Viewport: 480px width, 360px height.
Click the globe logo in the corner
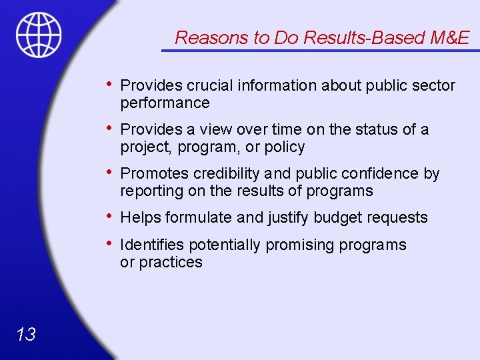coord(39,34)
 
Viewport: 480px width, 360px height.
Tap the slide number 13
coord(26,334)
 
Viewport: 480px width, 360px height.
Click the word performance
coord(165,103)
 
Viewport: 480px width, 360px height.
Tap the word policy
coord(285,147)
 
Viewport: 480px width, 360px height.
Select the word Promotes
coord(155,174)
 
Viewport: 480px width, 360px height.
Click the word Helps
coord(141,217)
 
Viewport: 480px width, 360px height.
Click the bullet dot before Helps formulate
coord(109,216)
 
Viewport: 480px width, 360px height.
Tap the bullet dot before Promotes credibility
coord(109,173)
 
